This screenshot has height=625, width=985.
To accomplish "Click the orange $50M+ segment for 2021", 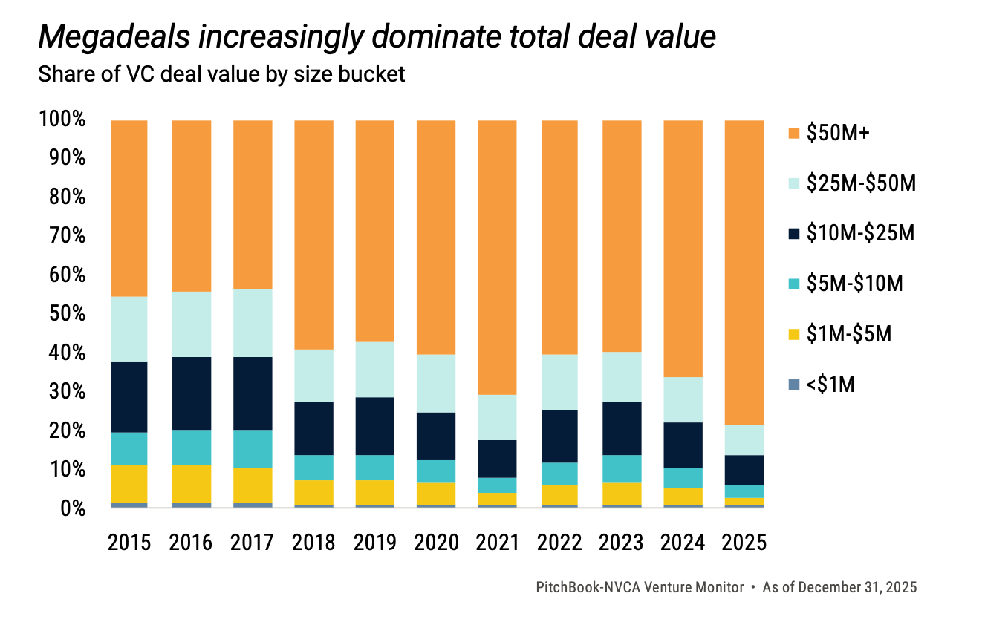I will [x=497, y=257].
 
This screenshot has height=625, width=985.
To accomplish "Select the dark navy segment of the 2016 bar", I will [x=192, y=393].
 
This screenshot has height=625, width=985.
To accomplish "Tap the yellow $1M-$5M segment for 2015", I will [x=129, y=484].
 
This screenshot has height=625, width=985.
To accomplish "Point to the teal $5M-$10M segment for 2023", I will [x=621, y=469].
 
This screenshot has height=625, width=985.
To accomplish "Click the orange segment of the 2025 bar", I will [x=744, y=272].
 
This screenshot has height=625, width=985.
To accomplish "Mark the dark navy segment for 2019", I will [x=374, y=426].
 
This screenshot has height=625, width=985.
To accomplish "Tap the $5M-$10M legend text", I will [x=855, y=284].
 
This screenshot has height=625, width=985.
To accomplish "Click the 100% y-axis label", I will [x=63, y=120].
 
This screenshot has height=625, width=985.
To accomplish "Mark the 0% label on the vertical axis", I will [x=73, y=508].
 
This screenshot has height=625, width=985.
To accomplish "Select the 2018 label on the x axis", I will [x=313, y=543].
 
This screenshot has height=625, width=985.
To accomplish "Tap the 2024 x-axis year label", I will [x=683, y=543].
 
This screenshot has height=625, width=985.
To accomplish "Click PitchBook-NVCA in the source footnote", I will [x=587, y=587].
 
